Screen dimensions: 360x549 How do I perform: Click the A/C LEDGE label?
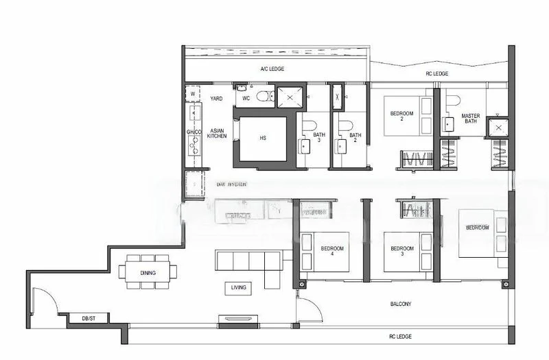[272, 69]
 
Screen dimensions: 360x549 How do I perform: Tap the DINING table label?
[148, 273]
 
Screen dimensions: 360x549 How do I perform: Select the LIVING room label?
[239, 287]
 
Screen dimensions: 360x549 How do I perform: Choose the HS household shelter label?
[263, 139]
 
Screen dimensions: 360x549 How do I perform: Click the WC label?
[245, 98]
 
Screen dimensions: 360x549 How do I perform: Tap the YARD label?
[216, 99]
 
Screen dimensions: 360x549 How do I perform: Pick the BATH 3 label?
[319, 138]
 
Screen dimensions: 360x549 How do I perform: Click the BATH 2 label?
[355, 138]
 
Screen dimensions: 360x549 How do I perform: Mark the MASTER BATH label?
[471, 119]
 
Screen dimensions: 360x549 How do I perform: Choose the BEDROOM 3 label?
[401, 251]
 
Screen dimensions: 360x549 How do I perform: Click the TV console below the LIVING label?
[237, 318]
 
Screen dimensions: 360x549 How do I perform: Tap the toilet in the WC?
[261, 97]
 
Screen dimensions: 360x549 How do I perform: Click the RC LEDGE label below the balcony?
[399, 336]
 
